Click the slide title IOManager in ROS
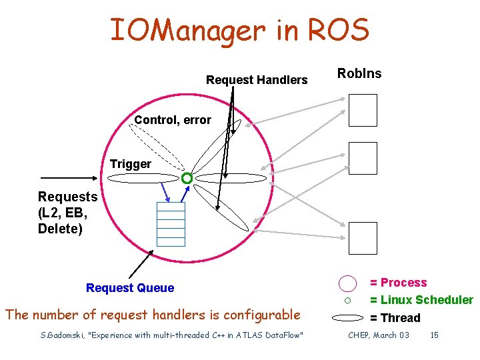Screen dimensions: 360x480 pyautogui.click(x=239, y=30)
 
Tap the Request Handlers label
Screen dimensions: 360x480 pyautogui.click(x=257, y=80)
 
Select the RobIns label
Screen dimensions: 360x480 pyautogui.click(x=359, y=73)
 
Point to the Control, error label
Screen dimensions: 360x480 pyautogui.click(x=173, y=120)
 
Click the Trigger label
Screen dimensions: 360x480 pyautogui.click(x=131, y=164)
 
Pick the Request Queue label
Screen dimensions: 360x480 pyautogui.click(x=130, y=288)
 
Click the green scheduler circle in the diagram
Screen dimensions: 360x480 pyautogui.click(x=187, y=178)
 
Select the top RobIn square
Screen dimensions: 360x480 pyautogui.click(x=363, y=110)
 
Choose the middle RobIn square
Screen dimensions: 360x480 pyautogui.click(x=363, y=158)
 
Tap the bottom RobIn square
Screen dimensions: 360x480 pyautogui.click(x=363, y=238)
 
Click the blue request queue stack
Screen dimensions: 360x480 pyautogui.click(x=171, y=223)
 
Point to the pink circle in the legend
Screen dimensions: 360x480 pyautogui.click(x=347, y=283)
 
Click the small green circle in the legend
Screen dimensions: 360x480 pyautogui.click(x=347, y=301)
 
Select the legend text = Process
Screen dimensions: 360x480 pyautogui.click(x=399, y=283)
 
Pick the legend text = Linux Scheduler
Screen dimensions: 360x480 pyautogui.click(x=421, y=300)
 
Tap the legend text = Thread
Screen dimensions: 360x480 pyautogui.click(x=395, y=318)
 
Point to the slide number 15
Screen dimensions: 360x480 pyautogui.click(x=434, y=335)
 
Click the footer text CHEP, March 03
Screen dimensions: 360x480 pyautogui.click(x=379, y=335)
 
